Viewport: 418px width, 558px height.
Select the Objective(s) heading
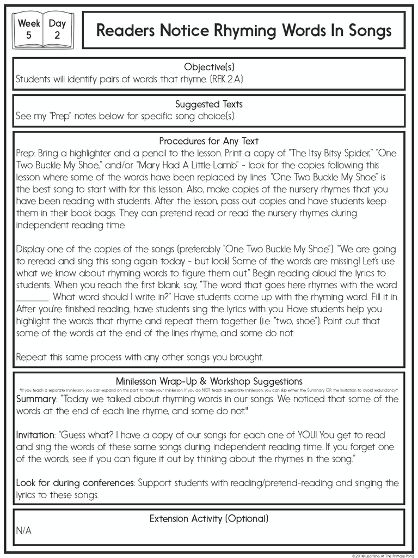point(209,67)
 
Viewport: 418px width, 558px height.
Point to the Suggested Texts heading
point(209,104)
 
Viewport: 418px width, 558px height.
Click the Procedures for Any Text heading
point(209,141)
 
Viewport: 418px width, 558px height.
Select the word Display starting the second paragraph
point(31,249)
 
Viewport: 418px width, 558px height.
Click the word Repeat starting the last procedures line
point(31,357)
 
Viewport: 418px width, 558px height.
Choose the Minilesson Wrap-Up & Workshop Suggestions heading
point(209,381)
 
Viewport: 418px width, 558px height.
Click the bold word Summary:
point(36,399)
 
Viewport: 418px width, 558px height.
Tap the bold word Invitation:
point(36,435)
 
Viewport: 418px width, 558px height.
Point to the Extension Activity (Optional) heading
point(209,519)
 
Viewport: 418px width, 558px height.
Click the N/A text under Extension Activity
point(24,531)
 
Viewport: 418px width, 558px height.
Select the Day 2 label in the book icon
point(57,31)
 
